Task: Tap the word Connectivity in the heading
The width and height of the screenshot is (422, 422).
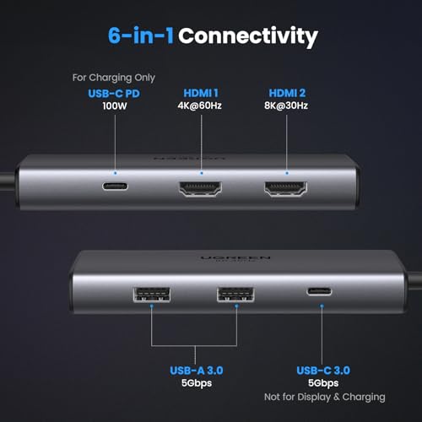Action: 248,36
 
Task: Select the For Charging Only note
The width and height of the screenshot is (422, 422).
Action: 115,78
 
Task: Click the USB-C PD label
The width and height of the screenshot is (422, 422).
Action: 116,95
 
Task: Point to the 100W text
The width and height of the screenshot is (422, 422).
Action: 116,108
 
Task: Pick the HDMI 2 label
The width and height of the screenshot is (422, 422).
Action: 287,95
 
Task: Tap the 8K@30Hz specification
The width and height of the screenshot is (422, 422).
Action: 287,108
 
